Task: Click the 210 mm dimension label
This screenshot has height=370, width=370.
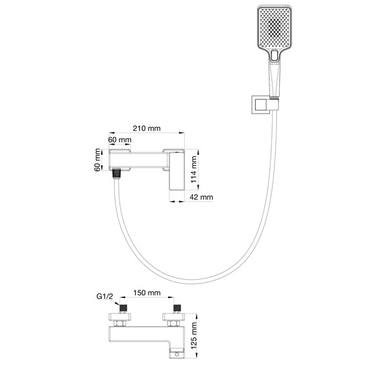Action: pyautogui.click(x=147, y=129)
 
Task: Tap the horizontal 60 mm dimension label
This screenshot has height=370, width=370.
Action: pyautogui.click(x=119, y=140)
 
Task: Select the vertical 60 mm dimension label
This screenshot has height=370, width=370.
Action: pyautogui.click(x=97, y=160)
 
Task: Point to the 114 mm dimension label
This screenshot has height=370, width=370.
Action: pyautogui.click(x=193, y=169)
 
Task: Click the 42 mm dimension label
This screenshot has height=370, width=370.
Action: pyautogui.click(x=201, y=197)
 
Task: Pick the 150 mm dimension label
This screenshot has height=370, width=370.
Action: pyautogui.click(x=147, y=293)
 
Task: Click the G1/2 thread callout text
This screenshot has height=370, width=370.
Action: pyautogui.click(x=105, y=296)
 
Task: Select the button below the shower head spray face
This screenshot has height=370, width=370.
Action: pyautogui.click(x=275, y=56)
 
